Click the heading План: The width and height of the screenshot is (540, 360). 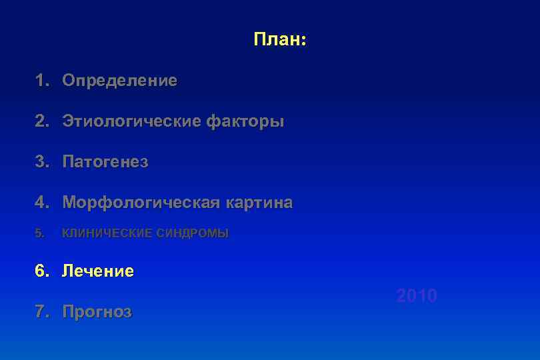pyautogui.click(x=279, y=40)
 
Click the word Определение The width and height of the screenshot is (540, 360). pyautogui.click(x=120, y=81)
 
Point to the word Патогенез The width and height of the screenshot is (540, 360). pyautogui.click(x=105, y=162)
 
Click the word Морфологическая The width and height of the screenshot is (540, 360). pyautogui.click(x=141, y=203)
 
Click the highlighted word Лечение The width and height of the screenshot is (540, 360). pyautogui.click(x=98, y=271)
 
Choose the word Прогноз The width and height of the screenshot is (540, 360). pyautogui.click(x=97, y=312)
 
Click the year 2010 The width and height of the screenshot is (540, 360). pyautogui.click(x=417, y=296)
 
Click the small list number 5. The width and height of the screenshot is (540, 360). pyautogui.click(x=39, y=233)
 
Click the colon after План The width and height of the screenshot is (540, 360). pyautogui.click(x=303, y=41)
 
